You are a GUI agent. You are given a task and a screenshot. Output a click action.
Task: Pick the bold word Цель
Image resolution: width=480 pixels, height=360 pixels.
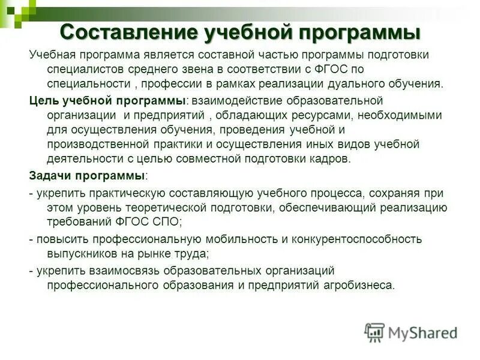click(x=41, y=100)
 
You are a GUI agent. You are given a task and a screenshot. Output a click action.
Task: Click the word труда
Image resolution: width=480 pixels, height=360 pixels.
click(x=191, y=253)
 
